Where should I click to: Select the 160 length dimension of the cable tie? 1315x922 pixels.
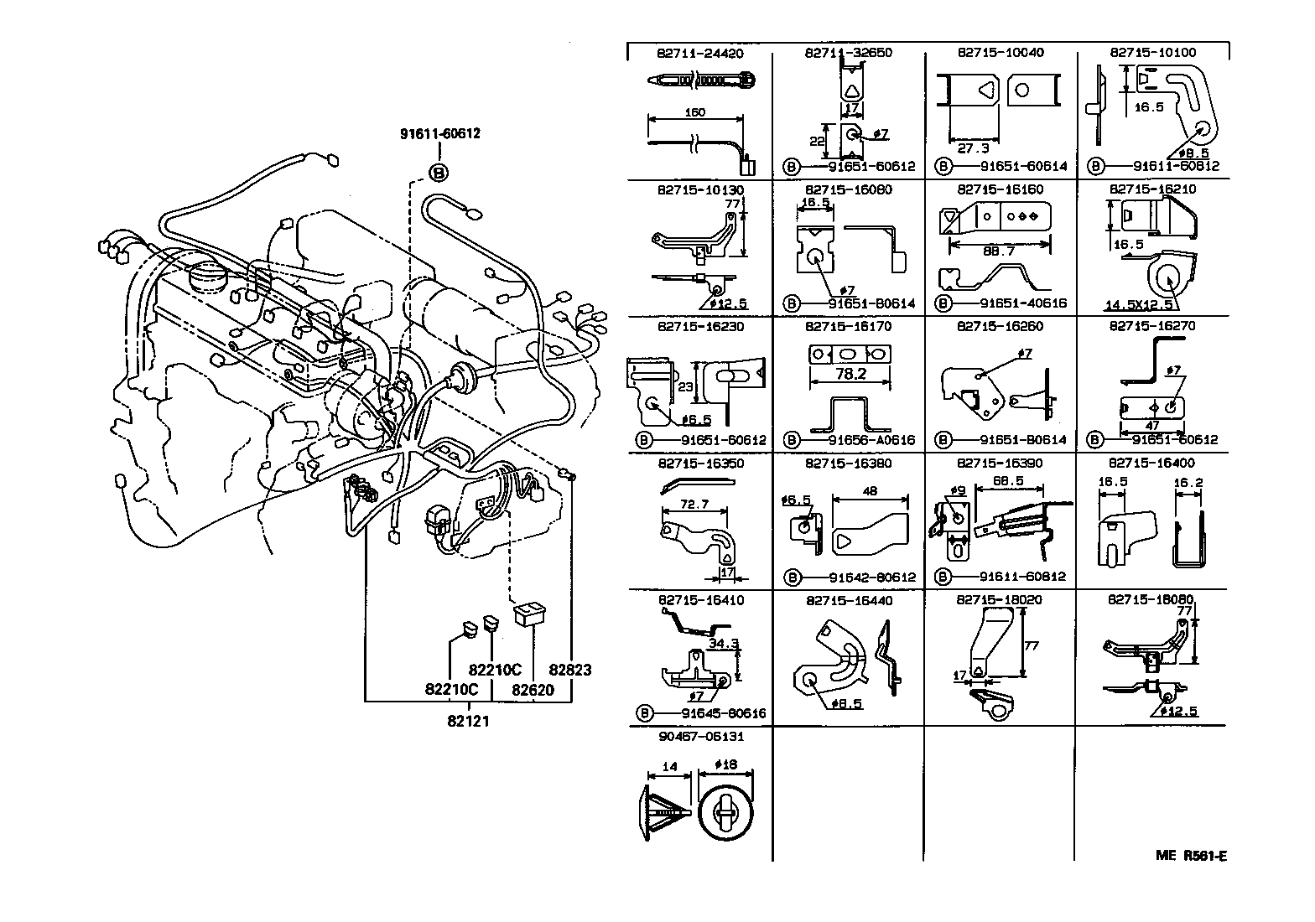(x=694, y=111)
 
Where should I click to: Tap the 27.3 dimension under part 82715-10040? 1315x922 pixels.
(x=973, y=148)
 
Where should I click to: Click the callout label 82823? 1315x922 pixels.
(x=570, y=670)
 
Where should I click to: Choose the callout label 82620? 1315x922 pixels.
(x=533, y=690)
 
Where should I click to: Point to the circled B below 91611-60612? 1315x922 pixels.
(x=439, y=174)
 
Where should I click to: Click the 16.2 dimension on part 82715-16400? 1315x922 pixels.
(x=1188, y=483)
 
